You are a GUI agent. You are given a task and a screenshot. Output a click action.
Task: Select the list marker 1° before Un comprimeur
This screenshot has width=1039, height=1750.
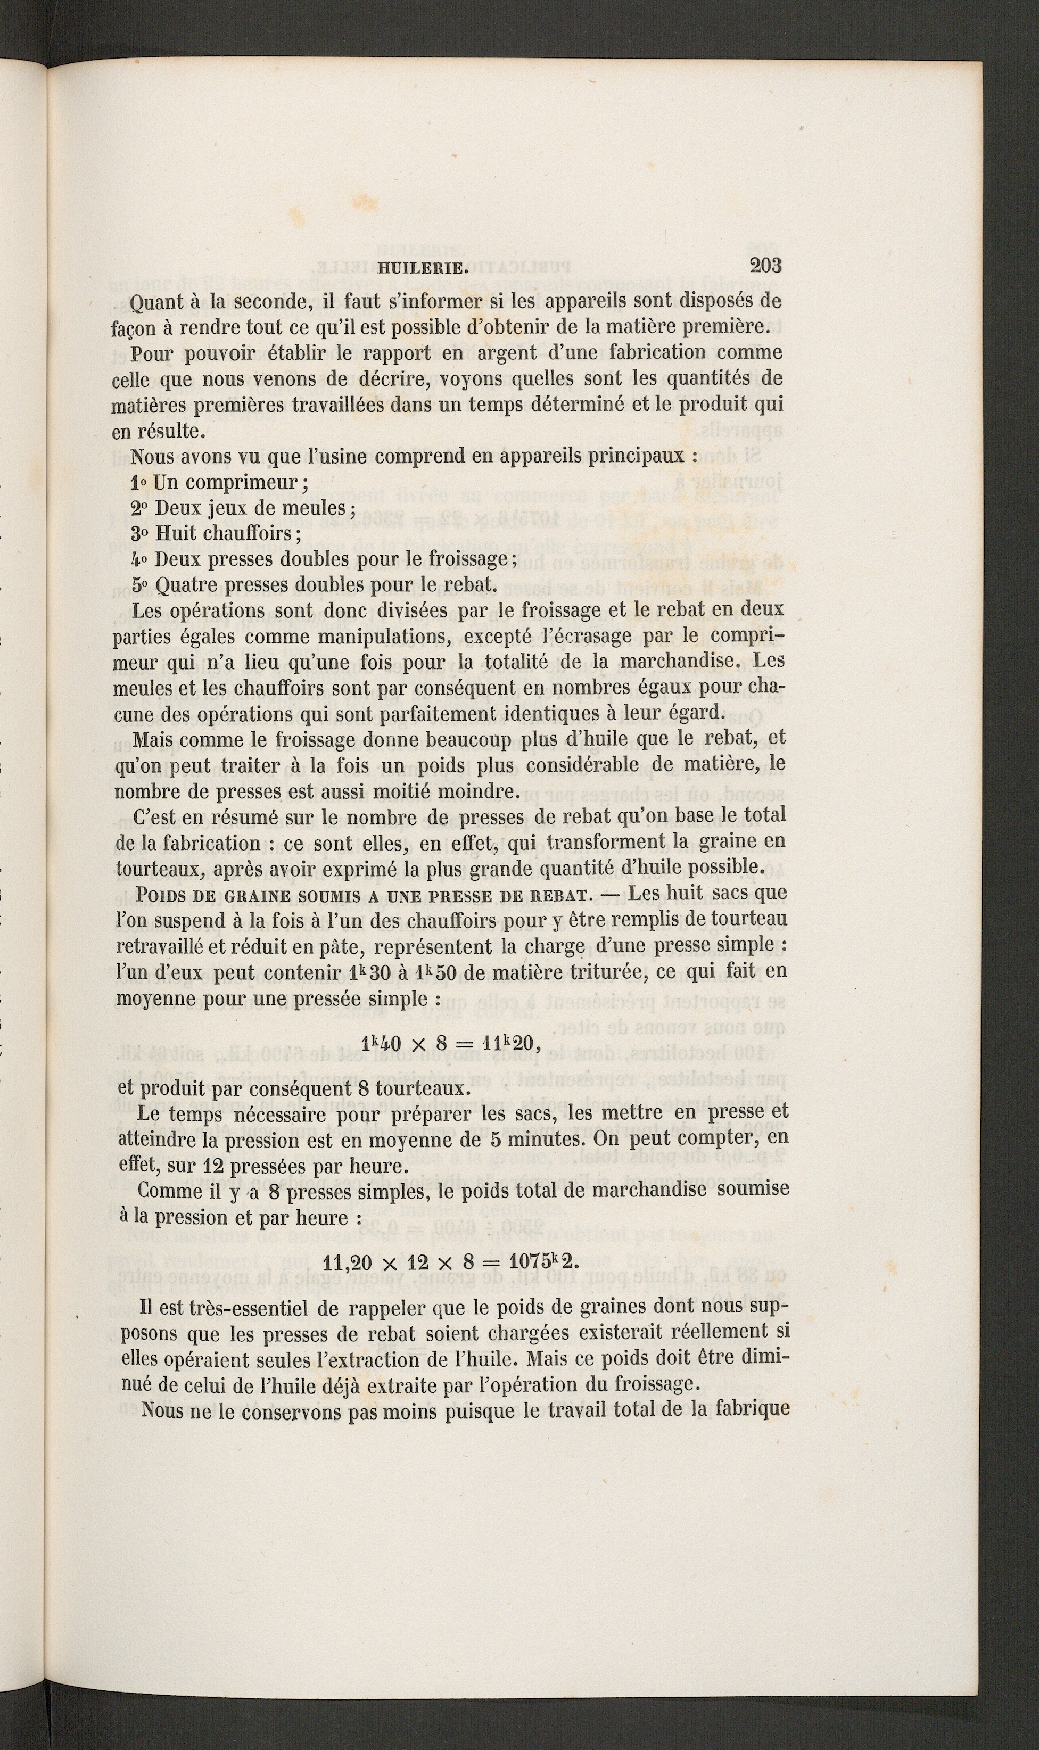[x=138, y=482]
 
